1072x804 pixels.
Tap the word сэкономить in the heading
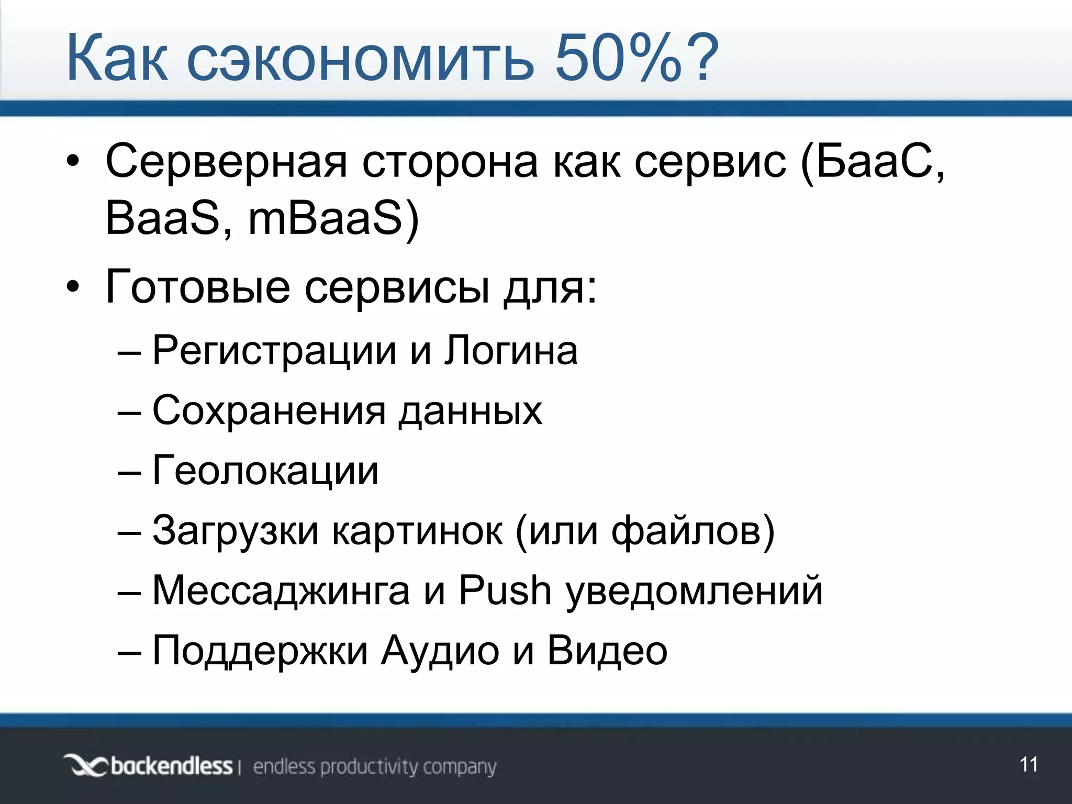tap(361, 59)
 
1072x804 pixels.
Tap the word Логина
tap(511, 350)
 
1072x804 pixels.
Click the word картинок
tap(417, 531)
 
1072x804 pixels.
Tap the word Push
tap(505, 591)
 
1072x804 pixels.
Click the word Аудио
tap(440, 651)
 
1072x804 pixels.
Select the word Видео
tap(607, 651)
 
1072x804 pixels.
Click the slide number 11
tap(1029, 765)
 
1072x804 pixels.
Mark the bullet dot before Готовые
tap(73, 287)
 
